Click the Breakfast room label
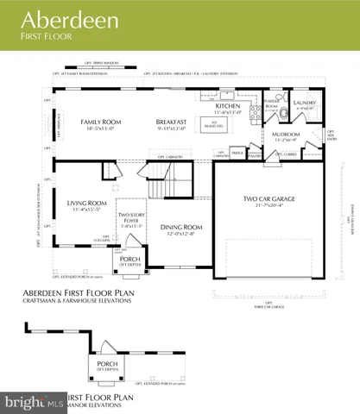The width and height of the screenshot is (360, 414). [174, 122]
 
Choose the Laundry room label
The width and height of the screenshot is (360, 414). [305, 104]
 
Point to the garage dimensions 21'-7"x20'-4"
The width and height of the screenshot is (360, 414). [268, 205]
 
